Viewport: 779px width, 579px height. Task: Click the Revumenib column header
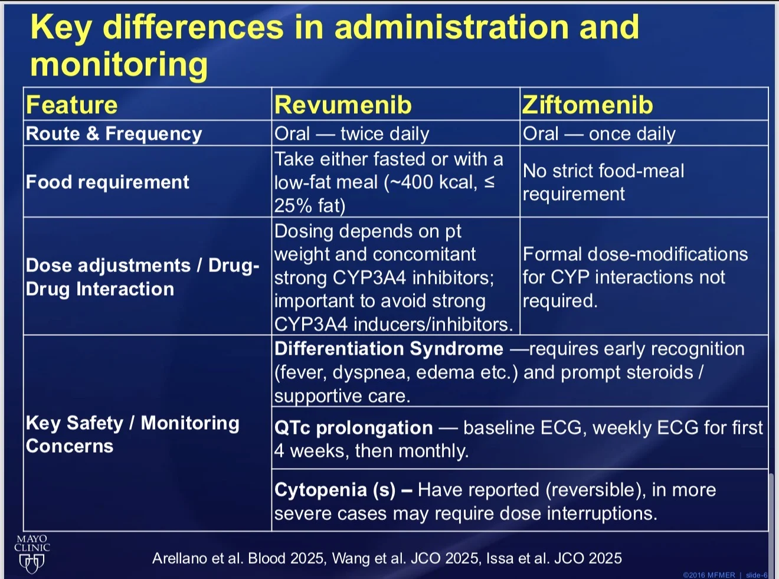click(343, 105)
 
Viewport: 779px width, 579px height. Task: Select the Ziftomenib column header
click(588, 105)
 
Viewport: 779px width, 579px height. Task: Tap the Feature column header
click(72, 105)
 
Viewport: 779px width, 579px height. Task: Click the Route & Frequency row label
click(114, 134)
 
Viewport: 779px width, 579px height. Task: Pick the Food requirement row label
click(107, 182)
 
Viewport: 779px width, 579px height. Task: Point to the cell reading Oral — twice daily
click(352, 134)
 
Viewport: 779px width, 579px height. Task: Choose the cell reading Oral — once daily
click(599, 134)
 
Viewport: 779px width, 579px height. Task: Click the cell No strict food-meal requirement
click(603, 182)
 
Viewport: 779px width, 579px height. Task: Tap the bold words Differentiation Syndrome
click(389, 349)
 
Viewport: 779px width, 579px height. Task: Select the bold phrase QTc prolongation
click(354, 427)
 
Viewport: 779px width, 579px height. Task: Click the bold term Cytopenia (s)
click(335, 490)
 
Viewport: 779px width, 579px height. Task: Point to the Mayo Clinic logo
click(32, 554)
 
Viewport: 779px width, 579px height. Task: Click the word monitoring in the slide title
click(119, 64)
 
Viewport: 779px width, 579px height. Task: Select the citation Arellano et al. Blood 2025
click(238, 558)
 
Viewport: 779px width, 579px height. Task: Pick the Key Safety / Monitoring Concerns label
click(132, 434)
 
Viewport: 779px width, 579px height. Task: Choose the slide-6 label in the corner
click(757, 575)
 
